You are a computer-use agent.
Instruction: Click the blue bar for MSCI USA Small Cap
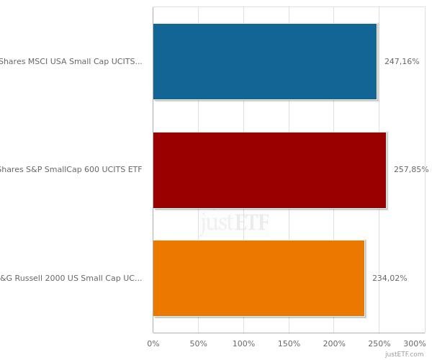point(264,61)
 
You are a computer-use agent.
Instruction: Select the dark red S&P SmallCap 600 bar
point(269,170)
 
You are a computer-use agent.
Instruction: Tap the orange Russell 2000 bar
point(258,278)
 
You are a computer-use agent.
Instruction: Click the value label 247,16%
point(402,62)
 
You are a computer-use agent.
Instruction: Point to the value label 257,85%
point(410,170)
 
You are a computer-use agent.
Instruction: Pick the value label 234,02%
point(390,279)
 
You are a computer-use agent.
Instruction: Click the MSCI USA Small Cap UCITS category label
point(71,62)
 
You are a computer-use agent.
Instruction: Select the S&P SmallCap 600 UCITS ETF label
point(71,170)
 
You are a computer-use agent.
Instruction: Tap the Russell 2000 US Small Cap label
point(71,279)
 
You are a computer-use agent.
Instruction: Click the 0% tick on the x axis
point(153,344)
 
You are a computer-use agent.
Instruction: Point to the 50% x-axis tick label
point(198,344)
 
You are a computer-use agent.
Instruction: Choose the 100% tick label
point(243,344)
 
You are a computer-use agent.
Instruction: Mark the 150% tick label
point(289,344)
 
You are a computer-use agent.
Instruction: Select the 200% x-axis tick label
point(334,344)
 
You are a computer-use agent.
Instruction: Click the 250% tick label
point(379,344)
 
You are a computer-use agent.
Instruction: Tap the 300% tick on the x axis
point(415,344)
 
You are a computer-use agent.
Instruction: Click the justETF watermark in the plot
point(235,222)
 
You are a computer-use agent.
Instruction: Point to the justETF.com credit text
point(404,354)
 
